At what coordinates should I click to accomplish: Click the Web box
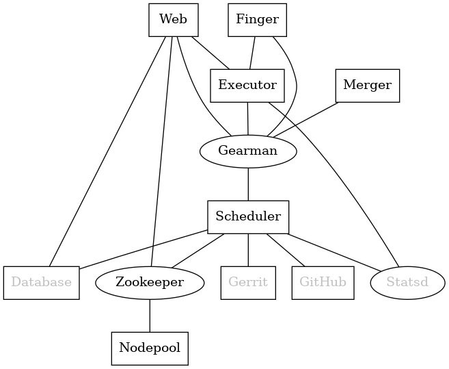(x=173, y=19)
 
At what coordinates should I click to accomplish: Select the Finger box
(x=257, y=19)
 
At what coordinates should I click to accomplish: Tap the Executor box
(x=247, y=85)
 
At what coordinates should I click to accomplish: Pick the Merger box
(x=367, y=85)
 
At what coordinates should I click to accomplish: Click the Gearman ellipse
(x=247, y=151)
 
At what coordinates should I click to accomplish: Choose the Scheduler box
(x=248, y=216)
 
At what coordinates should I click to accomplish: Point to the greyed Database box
(x=41, y=282)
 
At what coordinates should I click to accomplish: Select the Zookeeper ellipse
(x=149, y=282)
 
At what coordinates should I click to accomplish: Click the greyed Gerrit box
(x=248, y=282)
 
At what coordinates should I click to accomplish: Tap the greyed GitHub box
(x=323, y=282)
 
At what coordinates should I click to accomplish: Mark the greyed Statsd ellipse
(x=407, y=282)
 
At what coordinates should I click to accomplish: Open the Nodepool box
(x=149, y=348)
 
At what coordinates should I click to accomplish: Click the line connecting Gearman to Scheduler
(x=248, y=183)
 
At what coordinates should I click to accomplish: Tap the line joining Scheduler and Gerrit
(x=248, y=249)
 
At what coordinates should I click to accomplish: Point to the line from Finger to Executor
(x=253, y=52)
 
